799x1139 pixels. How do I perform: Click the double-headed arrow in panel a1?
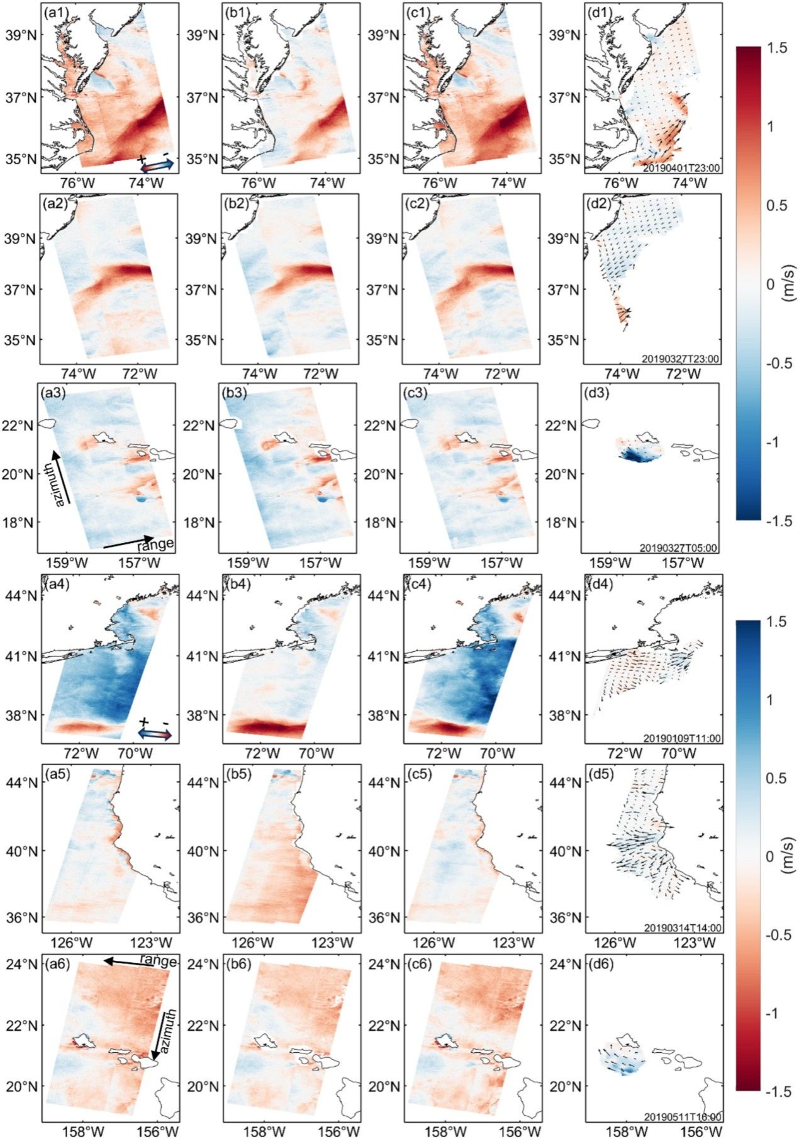pyautogui.click(x=156, y=165)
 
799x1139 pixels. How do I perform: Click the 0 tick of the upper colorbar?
pyautogui.click(x=770, y=284)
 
